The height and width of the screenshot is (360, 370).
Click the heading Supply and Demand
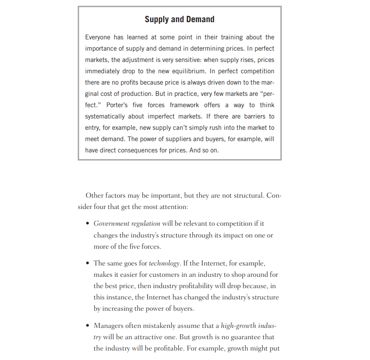coord(180,19)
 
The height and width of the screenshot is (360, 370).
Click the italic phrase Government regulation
coord(127,223)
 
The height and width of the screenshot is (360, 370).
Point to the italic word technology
coord(164,263)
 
